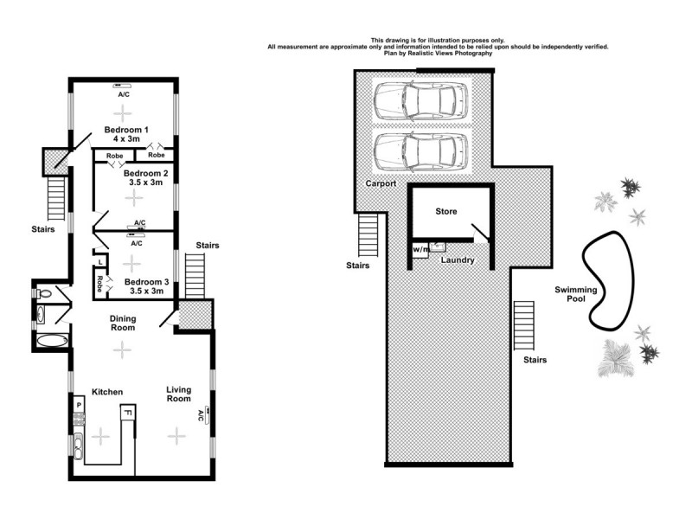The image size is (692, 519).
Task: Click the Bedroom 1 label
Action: (123, 131)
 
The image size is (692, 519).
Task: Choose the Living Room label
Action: (178, 394)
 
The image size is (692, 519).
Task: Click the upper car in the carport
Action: (421, 103)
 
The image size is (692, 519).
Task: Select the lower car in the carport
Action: (421, 152)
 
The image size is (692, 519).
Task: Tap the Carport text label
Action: (381, 183)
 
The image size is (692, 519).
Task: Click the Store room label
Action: (445, 211)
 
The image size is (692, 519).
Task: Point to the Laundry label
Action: (456, 259)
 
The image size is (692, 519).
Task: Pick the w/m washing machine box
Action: (420, 250)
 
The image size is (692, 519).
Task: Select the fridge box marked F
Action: (127, 413)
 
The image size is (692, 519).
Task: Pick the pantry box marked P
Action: (78, 405)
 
